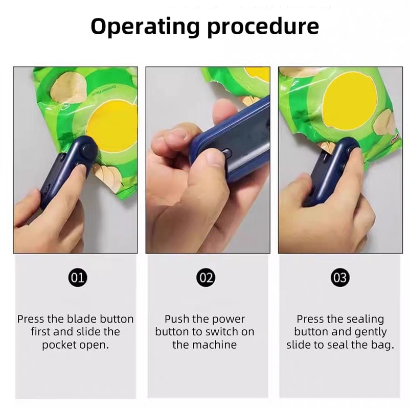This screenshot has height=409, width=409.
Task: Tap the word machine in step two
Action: [x=216, y=345]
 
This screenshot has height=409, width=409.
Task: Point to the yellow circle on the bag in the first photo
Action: [x=113, y=123]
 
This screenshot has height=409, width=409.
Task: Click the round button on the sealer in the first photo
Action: [x=89, y=150]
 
